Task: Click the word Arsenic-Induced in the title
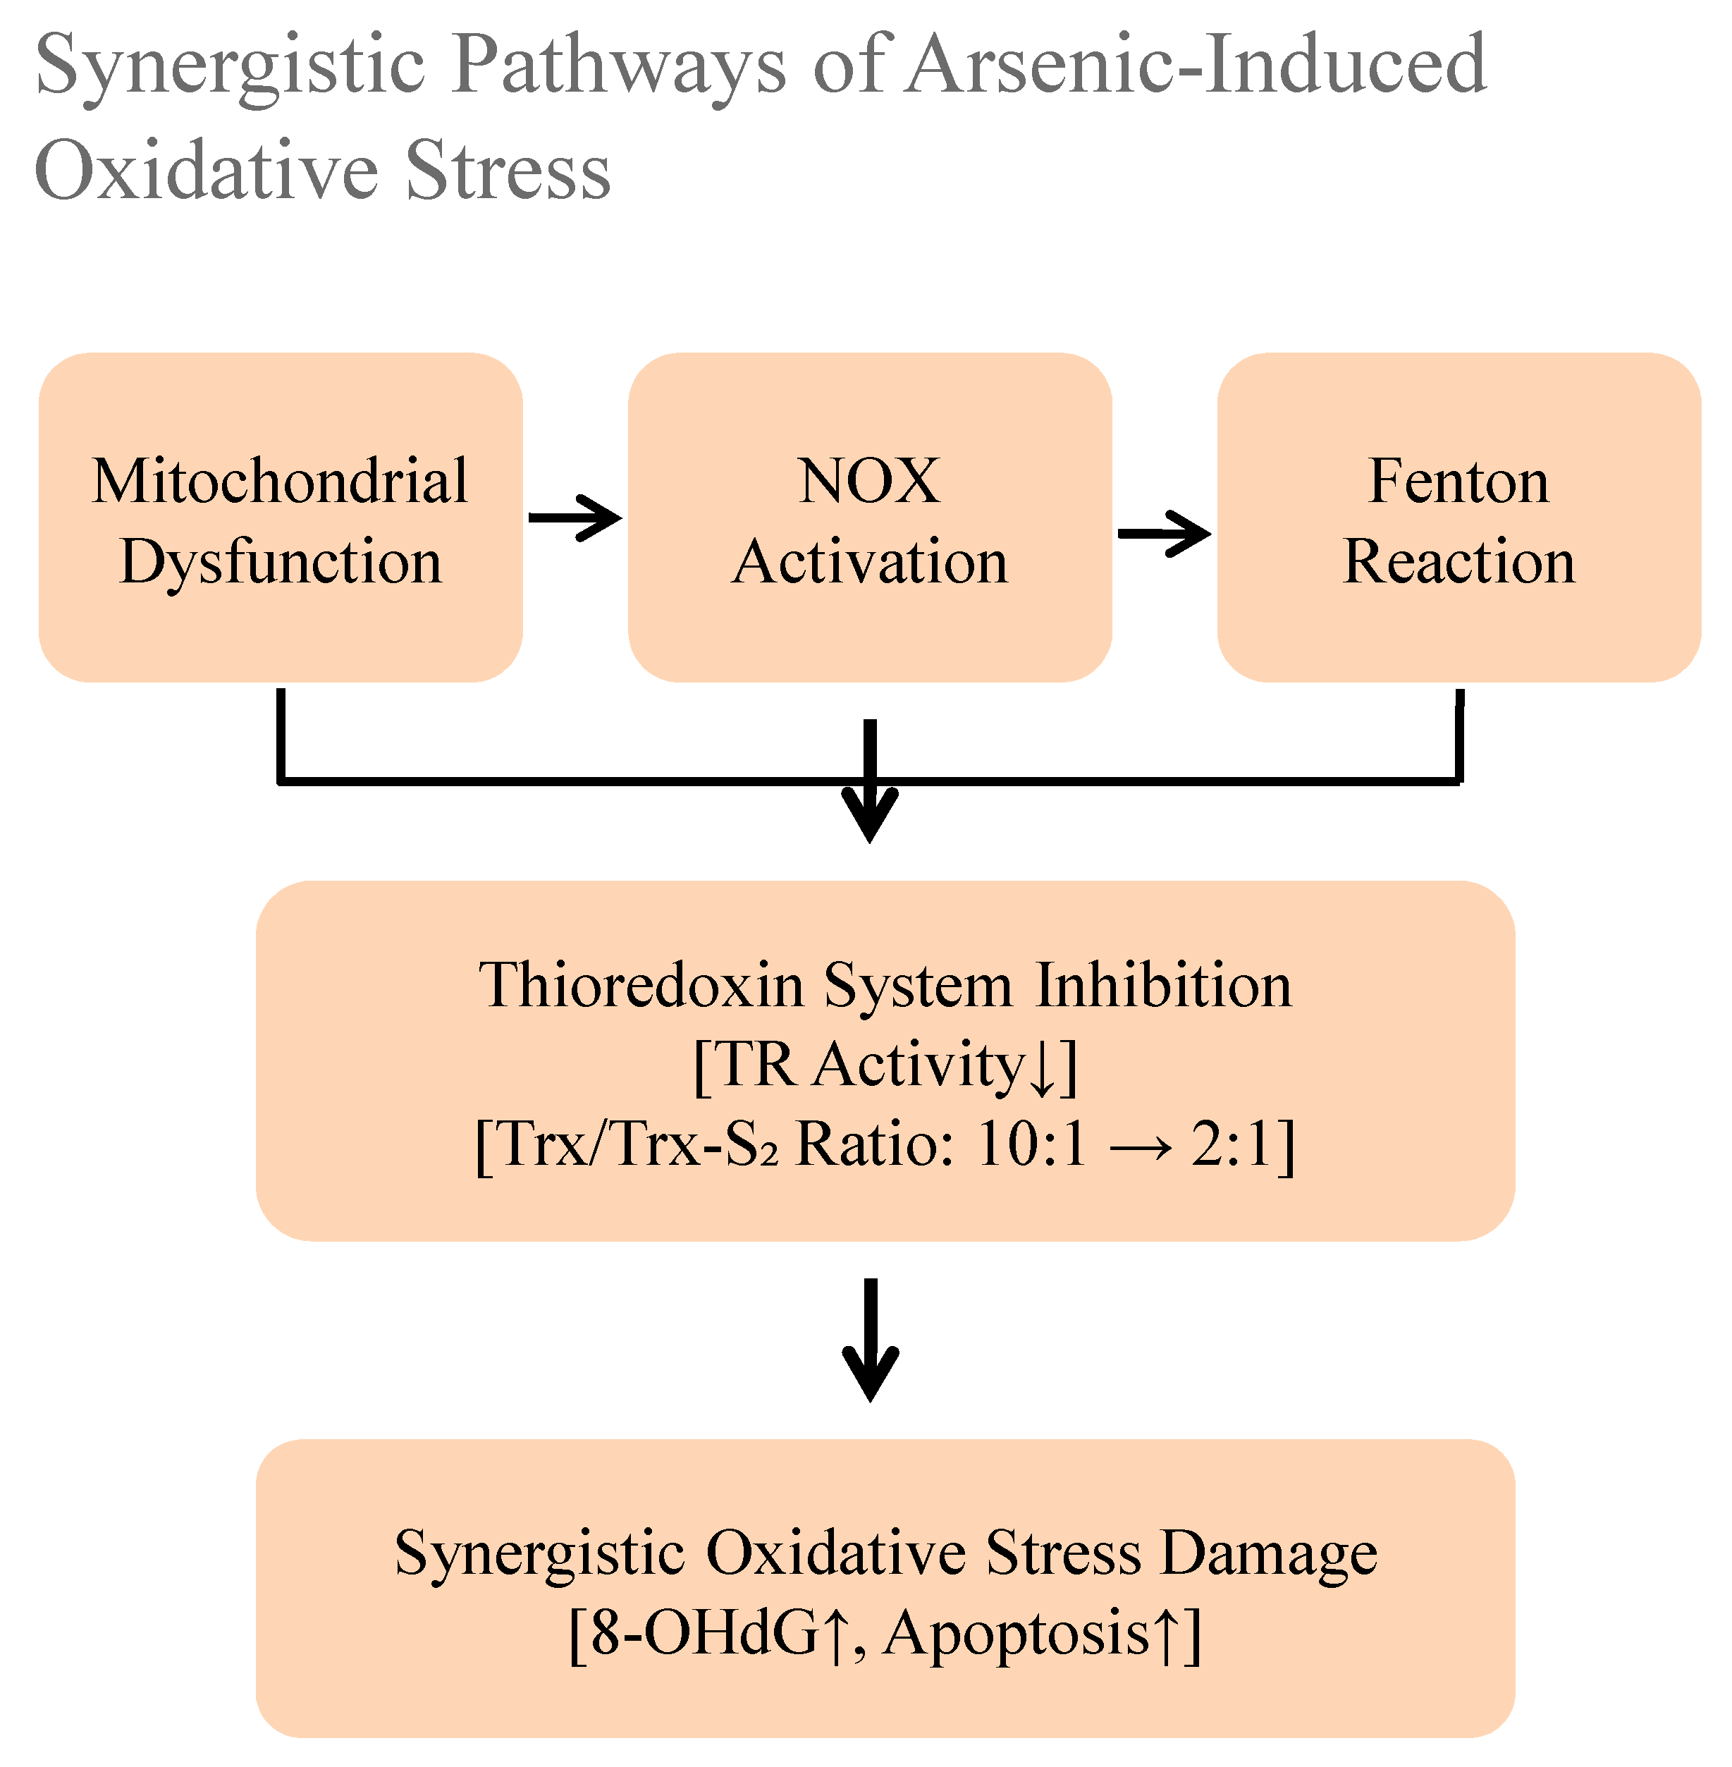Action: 1196,63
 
